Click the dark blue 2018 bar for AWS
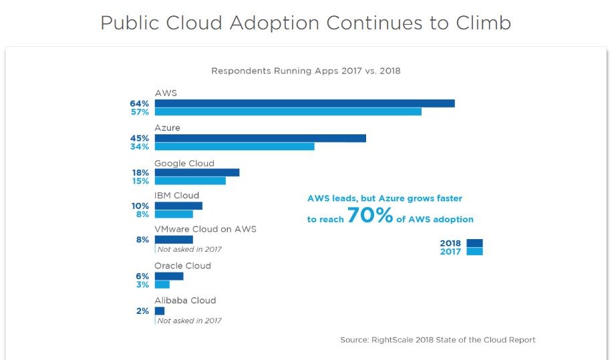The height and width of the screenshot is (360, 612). tap(305, 104)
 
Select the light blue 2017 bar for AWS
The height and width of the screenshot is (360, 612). tap(288, 112)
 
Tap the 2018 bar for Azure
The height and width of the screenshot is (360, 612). tap(261, 138)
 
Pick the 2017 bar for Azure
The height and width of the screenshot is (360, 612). tap(235, 146)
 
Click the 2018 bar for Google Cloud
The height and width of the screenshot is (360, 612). tap(197, 172)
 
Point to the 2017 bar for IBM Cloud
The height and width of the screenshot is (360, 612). tap(174, 214)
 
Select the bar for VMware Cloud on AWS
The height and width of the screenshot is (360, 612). tap(174, 239)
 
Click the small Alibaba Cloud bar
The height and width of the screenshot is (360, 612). tap(160, 311)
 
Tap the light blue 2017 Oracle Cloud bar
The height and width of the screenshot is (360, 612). tap(162, 285)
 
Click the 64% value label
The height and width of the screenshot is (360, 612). tap(140, 104)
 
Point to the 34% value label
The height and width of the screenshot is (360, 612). tap(140, 147)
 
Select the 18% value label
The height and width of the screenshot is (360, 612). tap(140, 172)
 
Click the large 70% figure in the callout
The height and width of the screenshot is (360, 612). tap(369, 216)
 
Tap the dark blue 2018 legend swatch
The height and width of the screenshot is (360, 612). tap(475, 243)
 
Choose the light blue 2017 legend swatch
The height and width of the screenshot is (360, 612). tap(475, 252)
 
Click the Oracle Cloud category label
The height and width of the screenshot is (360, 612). tap(182, 266)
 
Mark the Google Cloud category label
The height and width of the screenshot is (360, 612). tap(184, 163)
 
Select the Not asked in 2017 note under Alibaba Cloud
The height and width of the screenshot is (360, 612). tap(189, 321)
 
